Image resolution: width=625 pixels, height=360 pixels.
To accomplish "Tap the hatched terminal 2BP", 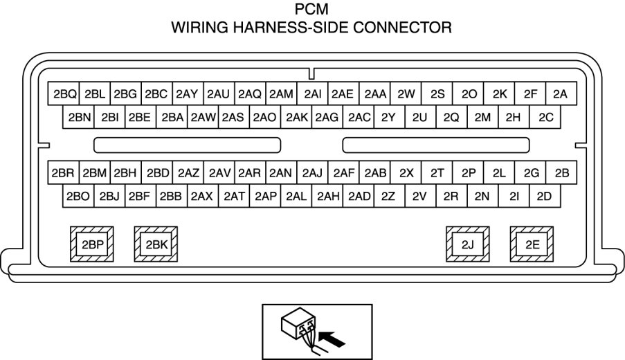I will coord(92,244).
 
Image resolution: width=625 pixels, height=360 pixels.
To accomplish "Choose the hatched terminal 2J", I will coord(467,244).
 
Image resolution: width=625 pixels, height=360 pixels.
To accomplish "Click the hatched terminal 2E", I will coord(532,244).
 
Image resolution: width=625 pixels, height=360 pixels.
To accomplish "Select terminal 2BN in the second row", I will coord(80,117).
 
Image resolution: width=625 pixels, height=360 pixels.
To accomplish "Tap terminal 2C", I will coord(545,117).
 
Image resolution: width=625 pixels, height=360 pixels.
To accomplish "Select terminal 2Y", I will coord(388,117).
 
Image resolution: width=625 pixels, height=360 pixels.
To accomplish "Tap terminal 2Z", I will coord(388,196).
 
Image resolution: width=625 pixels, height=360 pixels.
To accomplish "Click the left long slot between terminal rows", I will coord(187,145).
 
